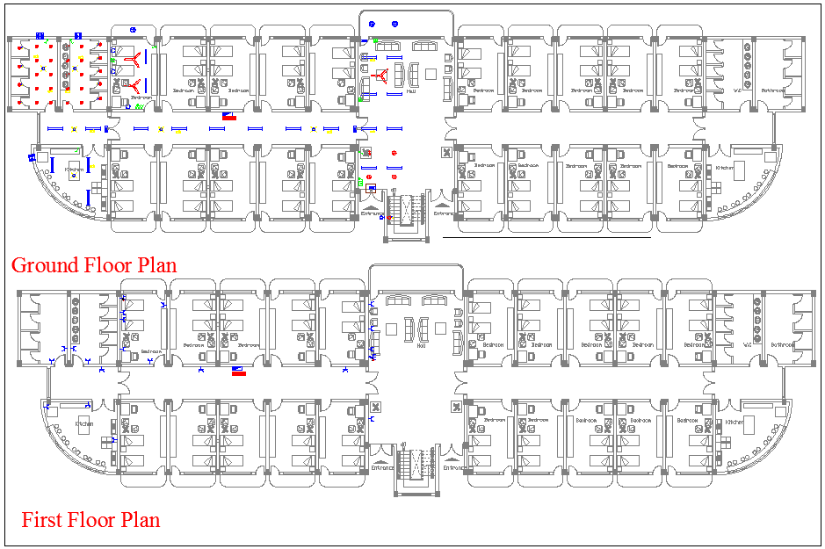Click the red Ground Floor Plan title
[94, 264]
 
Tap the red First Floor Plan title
[90, 519]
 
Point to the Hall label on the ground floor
[411, 90]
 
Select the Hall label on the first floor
[421, 345]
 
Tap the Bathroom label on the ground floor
[773, 90]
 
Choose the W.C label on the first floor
[748, 345]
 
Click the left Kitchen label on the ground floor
[75, 169]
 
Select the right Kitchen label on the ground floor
[724, 167]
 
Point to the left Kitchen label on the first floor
[84, 423]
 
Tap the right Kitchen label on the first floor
[735, 423]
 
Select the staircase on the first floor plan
[416, 463]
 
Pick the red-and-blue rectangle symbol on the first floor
[238, 371]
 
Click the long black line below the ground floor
[546, 236]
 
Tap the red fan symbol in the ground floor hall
[381, 76]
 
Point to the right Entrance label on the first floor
[454, 467]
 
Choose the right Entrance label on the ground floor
[444, 213]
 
